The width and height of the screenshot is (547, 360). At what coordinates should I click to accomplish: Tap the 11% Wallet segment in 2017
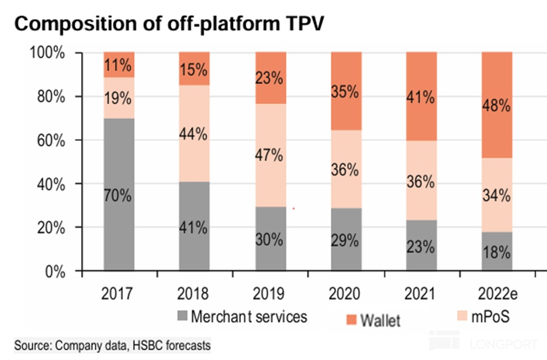point(119,64)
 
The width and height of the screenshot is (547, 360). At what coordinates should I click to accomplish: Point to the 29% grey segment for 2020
point(345,239)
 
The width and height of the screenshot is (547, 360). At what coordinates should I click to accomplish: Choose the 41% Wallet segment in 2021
point(421,96)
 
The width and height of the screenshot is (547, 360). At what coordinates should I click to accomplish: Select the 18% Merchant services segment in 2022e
point(497,252)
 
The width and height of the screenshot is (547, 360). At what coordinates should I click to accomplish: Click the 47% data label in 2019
point(269,155)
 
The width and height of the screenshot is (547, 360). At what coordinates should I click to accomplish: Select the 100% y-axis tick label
point(50,53)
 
